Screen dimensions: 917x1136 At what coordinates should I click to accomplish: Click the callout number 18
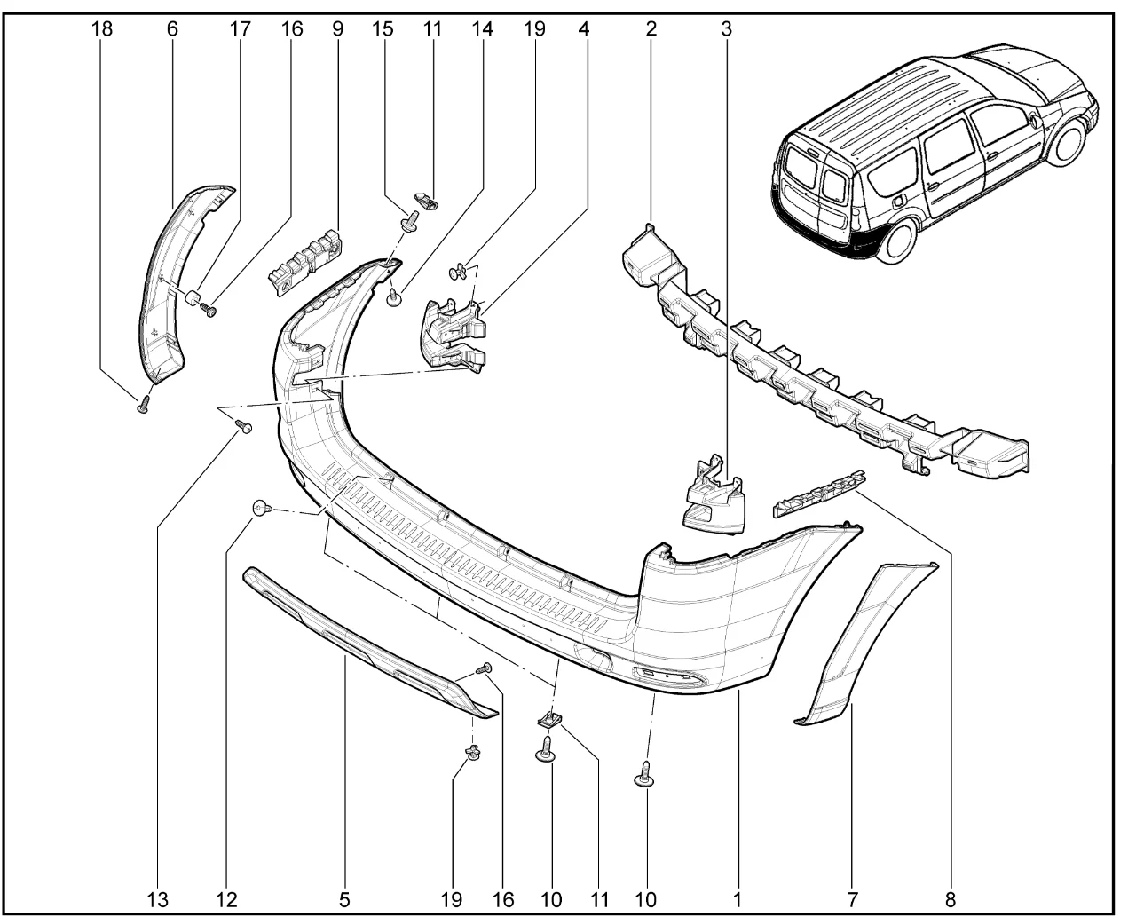point(102,28)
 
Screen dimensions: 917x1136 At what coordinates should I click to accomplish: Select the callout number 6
point(172,28)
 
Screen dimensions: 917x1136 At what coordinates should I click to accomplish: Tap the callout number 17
point(240,28)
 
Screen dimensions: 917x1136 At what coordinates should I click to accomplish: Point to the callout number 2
point(651,28)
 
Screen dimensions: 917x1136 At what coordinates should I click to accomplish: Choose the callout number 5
point(343,899)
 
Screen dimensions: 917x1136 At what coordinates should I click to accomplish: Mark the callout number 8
point(951,899)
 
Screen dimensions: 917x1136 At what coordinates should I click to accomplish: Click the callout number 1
point(737,899)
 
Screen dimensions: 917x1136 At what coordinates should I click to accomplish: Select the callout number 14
point(482,28)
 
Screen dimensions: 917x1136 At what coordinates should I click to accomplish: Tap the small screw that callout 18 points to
point(143,407)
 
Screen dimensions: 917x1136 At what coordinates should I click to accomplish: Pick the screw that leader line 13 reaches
point(245,429)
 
